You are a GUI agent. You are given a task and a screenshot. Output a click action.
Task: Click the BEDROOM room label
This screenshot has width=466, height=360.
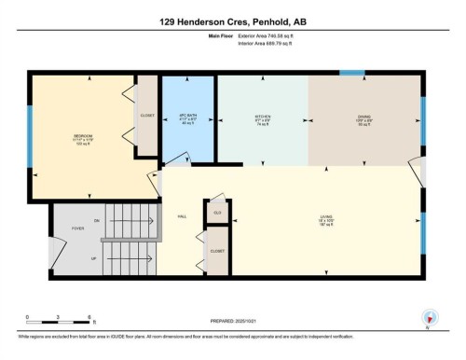[83, 136]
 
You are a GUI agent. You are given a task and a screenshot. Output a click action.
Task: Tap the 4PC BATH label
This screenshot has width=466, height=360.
[188, 118]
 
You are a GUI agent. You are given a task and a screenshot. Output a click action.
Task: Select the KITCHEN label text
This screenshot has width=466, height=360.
[262, 118]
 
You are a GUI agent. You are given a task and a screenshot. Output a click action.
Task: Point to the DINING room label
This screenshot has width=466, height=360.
[365, 118]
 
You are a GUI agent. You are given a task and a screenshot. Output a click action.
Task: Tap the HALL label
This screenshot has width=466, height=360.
[182, 215]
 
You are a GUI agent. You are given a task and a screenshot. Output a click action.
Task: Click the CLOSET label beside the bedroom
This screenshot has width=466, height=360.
[147, 116]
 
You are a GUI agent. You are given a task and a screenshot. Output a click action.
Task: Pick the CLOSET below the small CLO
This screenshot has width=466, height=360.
[217, 251]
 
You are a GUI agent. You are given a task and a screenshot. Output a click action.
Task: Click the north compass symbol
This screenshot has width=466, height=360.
[428, 317]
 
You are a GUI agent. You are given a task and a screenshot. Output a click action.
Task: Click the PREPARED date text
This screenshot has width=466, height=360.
[234, 322]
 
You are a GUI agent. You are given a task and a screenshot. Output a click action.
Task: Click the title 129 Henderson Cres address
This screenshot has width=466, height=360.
[233, 21]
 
